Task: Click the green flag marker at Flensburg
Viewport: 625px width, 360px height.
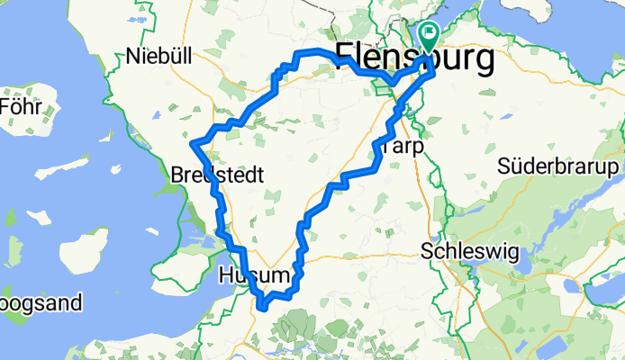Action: click(428, 37)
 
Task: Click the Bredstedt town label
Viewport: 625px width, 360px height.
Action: click(217, 176)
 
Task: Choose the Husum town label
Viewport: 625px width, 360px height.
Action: click(256, 276)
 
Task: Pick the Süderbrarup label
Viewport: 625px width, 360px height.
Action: click(558, 168)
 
